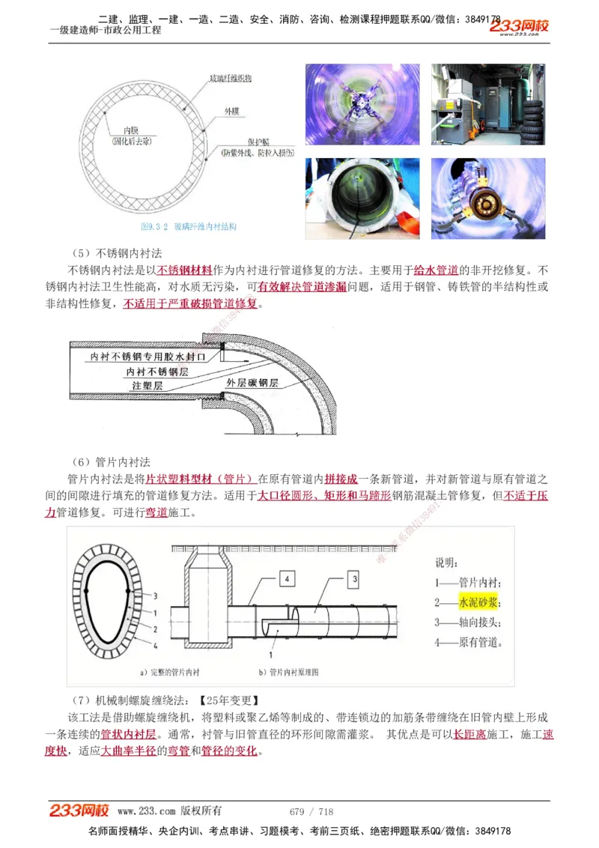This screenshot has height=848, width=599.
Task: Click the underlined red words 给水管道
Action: coord(436,270)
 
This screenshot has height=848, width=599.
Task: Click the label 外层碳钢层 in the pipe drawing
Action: coord(252,383)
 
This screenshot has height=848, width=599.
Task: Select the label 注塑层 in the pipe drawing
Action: coord(148,385)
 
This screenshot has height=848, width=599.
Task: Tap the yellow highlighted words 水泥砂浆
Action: coord(478,602)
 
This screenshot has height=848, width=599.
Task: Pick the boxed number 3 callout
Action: coord(354,578)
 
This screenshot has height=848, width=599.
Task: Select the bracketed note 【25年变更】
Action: coord(228,700)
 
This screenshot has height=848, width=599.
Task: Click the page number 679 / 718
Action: coord(311,811)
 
